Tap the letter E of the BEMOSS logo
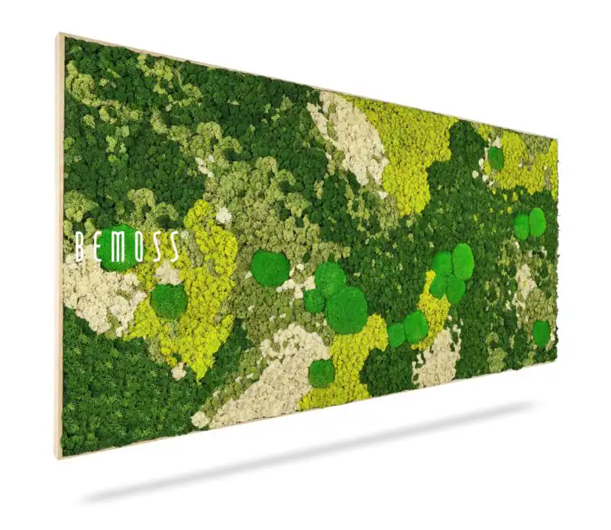click(97, 247)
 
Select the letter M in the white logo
click(117, 247)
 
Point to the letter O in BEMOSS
click(137, 246)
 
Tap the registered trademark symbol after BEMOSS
click(183, 236)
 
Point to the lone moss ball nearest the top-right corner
click(496, 158)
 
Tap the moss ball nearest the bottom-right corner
click(541, 333)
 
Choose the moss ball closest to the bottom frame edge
click(322, 373)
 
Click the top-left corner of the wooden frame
click(60, 34)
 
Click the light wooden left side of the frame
click(59, 244)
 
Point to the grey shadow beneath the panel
click(305, 466)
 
